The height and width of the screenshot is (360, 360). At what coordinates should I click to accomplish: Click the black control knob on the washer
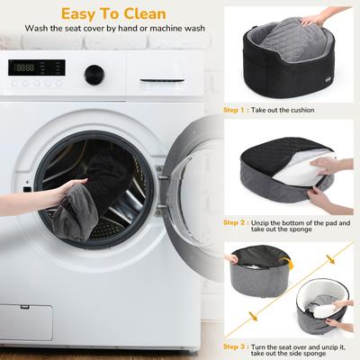coord(94,75)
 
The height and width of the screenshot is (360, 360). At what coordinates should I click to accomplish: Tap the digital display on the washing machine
coord(37,67)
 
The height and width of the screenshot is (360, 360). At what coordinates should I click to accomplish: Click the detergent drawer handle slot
coord(162,80)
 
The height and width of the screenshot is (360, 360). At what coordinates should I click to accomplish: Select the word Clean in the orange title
coord(145,13)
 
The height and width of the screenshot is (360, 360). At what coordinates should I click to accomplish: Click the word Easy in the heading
coord(79,14)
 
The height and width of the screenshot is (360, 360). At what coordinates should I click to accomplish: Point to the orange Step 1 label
coord(234,110)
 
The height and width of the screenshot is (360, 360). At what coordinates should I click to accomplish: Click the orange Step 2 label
coord(234,223)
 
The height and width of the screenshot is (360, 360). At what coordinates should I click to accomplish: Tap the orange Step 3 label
coord(234,347)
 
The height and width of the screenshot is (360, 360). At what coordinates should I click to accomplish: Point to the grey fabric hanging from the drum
coord(75,213)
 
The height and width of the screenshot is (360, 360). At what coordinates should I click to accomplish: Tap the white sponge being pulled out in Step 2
coord(304,172)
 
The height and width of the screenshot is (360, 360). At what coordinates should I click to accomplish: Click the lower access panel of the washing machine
coord(26,322)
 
